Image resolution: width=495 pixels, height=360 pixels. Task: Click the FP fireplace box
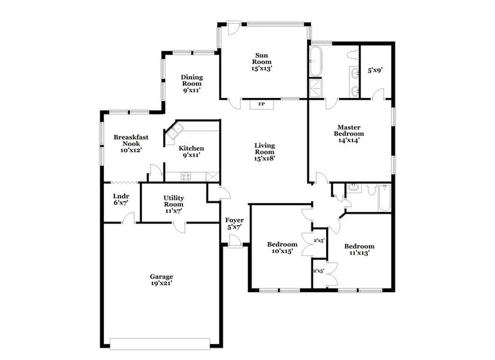[x=261, y=104]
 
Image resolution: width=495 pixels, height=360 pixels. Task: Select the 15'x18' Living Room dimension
[x=264, y=157]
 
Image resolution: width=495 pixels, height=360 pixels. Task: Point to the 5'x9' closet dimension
[x=374, y=70]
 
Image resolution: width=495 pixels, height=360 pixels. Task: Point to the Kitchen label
[x=192, y=148]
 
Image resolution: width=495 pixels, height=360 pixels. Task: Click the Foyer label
[x=235, y=220]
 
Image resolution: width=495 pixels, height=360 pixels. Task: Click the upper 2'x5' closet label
[x=318, y=241]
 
